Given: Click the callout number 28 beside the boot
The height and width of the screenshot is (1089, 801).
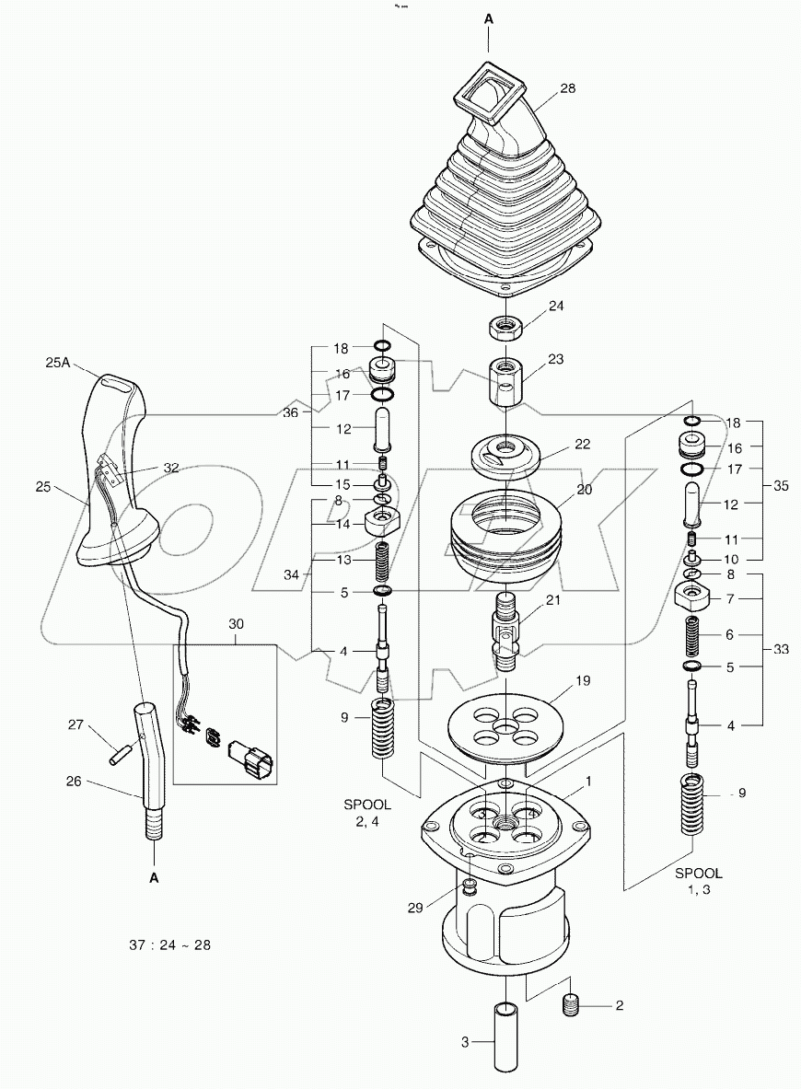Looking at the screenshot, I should (x=567, y=88).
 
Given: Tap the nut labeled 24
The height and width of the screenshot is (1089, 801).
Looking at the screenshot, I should (x=505, y=327).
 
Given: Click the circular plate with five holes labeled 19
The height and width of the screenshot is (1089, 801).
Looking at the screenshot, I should (x=504, y=724).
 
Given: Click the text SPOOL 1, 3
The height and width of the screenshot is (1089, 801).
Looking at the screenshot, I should (x=699, y=881).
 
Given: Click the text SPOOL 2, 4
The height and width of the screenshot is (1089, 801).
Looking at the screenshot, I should (x=366, y=814).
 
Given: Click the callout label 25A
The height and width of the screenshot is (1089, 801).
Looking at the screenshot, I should (x=58, y=364).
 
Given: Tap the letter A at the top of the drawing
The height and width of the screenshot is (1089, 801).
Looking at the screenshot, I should (x=489, y=17).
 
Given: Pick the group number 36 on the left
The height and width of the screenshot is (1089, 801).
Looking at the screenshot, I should (x=292, y=413).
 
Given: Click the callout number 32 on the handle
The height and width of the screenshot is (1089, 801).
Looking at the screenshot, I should (x=171, y=467).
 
